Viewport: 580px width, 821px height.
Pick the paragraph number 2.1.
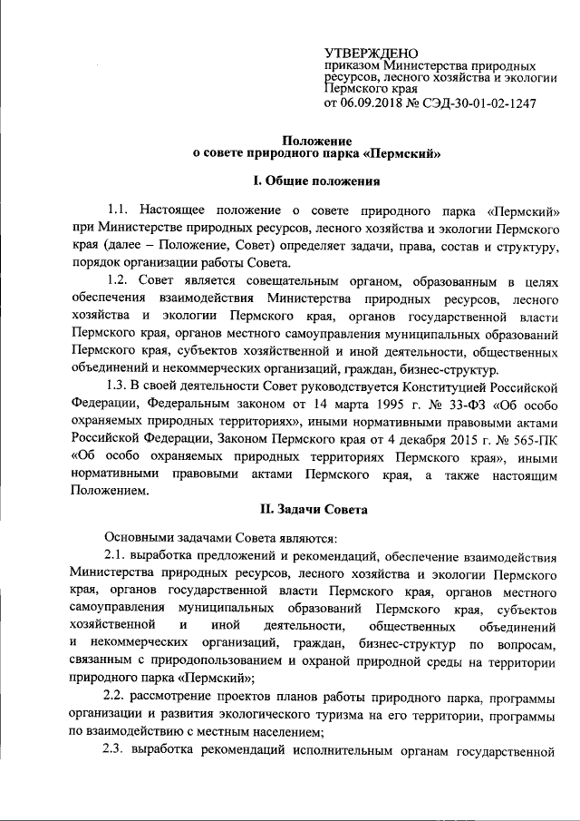pos(119,556)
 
